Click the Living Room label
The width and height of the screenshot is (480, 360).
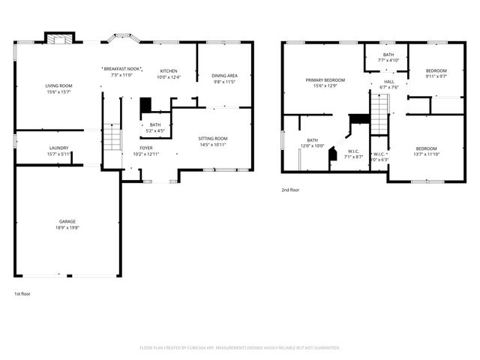[58, 86]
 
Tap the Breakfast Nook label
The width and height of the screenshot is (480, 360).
[121, 68]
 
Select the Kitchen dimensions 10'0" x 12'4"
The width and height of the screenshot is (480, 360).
[169, 77]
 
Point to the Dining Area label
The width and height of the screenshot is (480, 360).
[224, 75]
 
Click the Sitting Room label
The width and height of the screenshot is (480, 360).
[213, 139]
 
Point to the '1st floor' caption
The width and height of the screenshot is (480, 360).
[22, 293]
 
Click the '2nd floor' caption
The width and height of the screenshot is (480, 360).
[290, 190]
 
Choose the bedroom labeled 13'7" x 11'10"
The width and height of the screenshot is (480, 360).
[426, 148]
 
